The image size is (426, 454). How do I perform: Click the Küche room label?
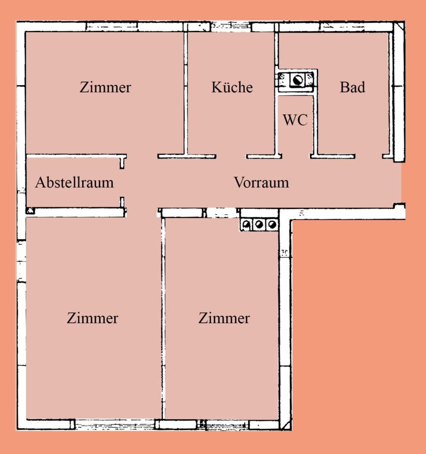tap(232, 87)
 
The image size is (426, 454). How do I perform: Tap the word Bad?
tap(352, 87)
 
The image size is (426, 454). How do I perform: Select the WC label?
tap(295, 120)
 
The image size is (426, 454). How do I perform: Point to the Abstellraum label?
tap(75, 183)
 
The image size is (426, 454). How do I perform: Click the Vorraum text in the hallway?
tap(261, 183)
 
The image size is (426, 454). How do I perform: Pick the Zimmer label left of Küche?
tap(105, 87)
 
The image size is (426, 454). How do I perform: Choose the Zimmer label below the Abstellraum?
tap(93, 318)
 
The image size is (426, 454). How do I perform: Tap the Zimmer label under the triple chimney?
tap(224, 318)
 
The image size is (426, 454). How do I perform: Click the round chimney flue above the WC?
tap(297, 80)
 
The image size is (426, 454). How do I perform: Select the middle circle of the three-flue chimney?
tap(259, 224)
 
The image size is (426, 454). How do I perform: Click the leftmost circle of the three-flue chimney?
tap(247, 224)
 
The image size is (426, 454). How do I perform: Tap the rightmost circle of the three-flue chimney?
tap(272, 224)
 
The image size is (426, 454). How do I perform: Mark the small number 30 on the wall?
tap(285, 253)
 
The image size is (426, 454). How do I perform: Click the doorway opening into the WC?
tap(296, 156)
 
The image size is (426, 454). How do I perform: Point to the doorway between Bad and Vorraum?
tap(369, 156)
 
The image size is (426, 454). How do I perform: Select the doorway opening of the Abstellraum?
tap(122, 183)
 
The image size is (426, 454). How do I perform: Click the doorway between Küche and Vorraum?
tap(231, 156)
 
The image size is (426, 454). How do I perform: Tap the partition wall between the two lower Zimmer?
tap(163, 318)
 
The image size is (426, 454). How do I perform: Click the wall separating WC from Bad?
tap(315, 125)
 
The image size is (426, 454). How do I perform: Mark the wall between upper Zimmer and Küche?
tap(185, 93)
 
